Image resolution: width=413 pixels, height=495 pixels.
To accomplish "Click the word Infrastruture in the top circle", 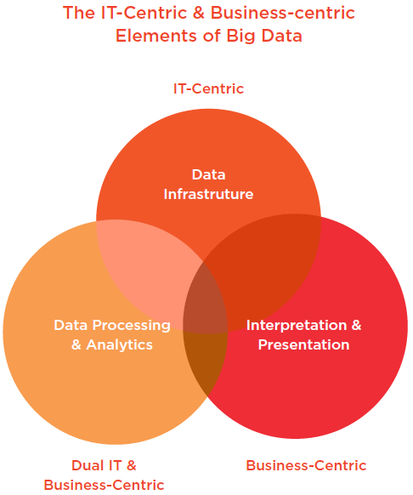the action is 208,194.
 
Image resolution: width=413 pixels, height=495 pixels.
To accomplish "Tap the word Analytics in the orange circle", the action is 119,344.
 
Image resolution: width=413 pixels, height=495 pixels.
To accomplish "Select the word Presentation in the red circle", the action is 304,344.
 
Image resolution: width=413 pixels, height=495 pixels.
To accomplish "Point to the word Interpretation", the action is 297,326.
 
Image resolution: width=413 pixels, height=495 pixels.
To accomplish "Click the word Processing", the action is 131,326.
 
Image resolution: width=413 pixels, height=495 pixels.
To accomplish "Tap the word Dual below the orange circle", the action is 87,465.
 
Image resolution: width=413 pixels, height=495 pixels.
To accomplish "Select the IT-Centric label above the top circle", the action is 208,88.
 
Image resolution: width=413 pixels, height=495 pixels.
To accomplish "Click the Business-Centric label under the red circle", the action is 306,465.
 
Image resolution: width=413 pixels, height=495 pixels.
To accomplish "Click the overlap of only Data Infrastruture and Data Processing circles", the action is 148,268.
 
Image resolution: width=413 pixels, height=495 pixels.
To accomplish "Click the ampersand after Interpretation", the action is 356,325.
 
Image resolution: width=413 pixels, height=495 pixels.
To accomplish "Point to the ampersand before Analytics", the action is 76,344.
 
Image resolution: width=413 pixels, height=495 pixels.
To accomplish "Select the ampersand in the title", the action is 199,13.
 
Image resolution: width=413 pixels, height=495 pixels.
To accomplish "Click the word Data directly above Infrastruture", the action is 208,174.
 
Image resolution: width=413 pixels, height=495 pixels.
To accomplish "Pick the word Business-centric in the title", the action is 283,13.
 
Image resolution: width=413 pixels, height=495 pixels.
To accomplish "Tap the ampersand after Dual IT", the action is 131,465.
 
